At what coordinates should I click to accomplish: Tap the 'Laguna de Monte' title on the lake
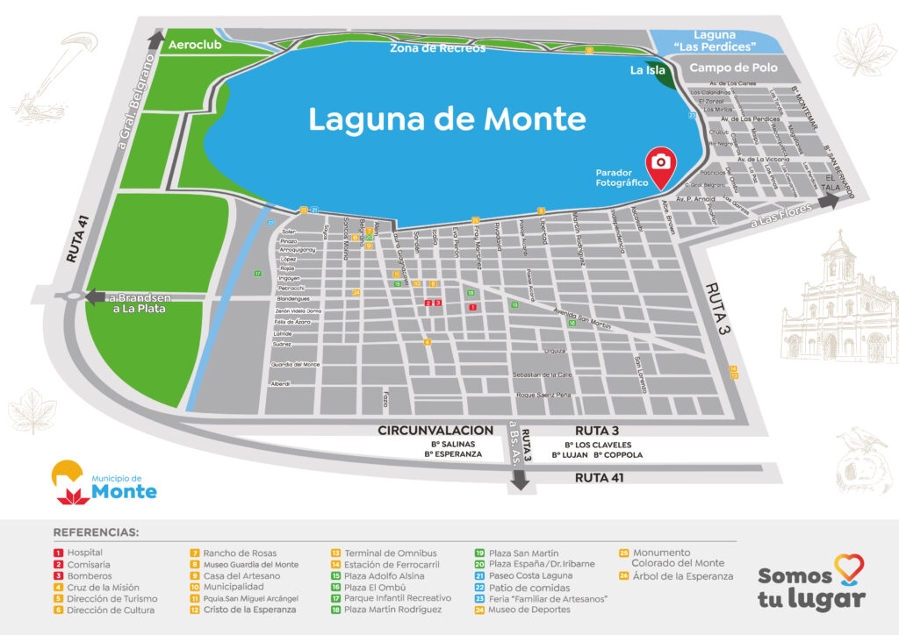click(446, 119)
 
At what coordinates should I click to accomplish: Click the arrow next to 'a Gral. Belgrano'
click(155, 39)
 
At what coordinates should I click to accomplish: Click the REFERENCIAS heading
click(96, 532)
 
